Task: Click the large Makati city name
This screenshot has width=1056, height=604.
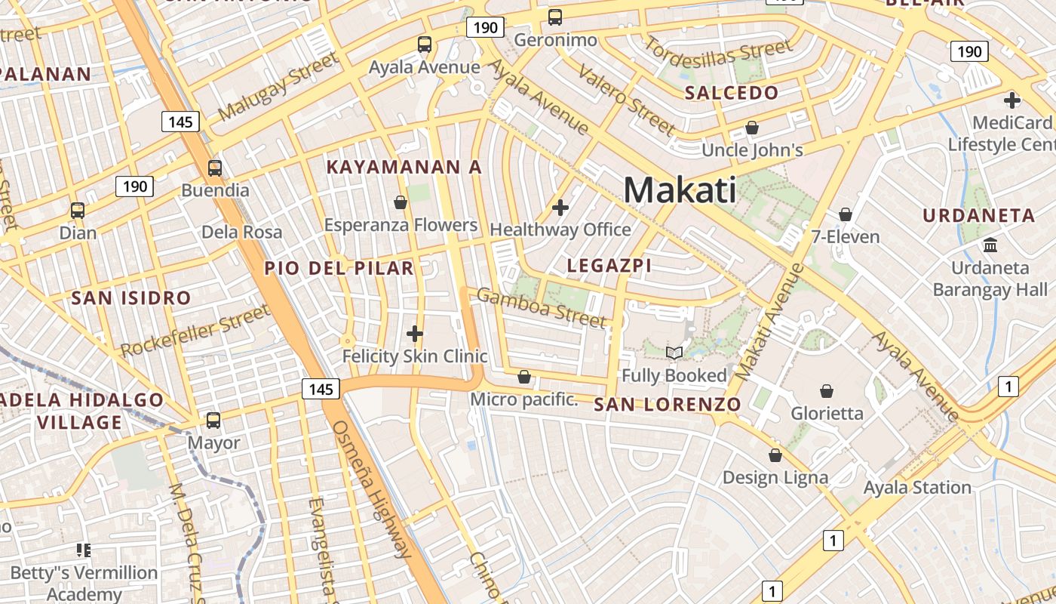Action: pos(680,190)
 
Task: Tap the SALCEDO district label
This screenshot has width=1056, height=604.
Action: pos(731,94)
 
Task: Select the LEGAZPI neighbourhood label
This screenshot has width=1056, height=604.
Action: pos(609,266)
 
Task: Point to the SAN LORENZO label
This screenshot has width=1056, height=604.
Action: pos(668,405)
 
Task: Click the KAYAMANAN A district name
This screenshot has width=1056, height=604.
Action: pos(404,168)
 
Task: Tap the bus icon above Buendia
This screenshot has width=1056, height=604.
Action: pos(215,168)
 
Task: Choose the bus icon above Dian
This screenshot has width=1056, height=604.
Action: pos(78,210)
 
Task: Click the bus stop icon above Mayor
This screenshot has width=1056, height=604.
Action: pos(213,420)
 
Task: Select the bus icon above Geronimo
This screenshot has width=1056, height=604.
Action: pos(555,17)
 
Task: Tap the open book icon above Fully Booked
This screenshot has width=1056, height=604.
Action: pos(674,353)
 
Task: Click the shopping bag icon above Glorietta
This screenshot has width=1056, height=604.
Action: pos(827,391)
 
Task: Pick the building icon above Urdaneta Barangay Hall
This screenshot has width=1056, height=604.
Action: pos(990,245)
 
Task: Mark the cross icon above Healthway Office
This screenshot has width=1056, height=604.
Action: pos(560,207)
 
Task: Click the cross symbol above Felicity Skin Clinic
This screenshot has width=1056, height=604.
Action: pos(414,333)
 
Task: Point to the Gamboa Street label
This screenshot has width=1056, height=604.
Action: pos(541,307)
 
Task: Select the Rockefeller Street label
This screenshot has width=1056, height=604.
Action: pos(195,331)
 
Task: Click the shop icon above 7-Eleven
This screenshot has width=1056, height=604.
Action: pos(846,214)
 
